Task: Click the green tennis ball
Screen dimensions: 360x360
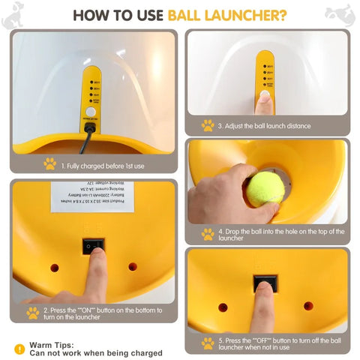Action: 265,188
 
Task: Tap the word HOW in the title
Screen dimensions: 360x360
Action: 95,14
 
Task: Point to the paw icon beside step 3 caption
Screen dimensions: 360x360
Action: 208,125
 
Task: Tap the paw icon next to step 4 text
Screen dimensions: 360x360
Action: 208,234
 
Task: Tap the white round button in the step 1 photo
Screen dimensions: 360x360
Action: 91,111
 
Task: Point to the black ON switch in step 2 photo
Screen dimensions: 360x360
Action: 93,244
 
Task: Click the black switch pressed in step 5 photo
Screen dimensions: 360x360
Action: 265,283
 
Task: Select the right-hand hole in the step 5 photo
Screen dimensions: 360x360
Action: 308,306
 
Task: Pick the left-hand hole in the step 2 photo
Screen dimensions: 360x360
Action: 54,267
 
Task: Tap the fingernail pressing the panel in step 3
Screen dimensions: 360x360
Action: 264,97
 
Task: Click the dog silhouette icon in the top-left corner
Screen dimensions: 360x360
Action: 12,16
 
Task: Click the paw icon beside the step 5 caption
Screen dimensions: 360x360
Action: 208,343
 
